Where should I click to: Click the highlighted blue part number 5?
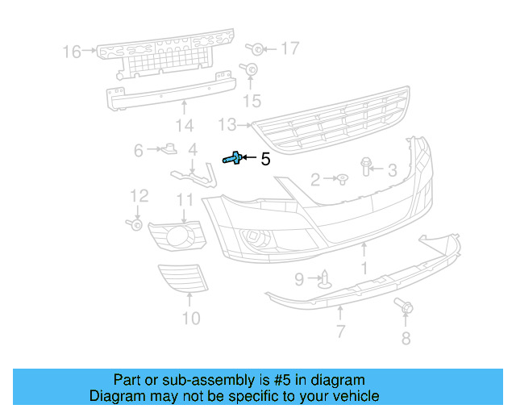pyautogui.click(x=233, y=159)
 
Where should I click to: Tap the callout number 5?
pyautogui.click(x=264, y=159)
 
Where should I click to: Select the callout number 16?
pyautogui.click(x=72, y=52)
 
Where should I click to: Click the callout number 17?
pyautogui.click(x=289, y=48)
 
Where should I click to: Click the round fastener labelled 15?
pyautogui.click(x=251, y=70)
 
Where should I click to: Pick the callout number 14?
pyautogui.click(x=185, y=125)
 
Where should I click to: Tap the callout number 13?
pyautogui.click(x=227, y=124)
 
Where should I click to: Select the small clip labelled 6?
pyautogui.click(x=170, y=148)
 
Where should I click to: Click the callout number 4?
pyautogui.click(x=193, y=149)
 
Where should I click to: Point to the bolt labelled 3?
pyautogui.click(x=366, y=167)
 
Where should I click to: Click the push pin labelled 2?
pyautogui.click(x=341, y=178)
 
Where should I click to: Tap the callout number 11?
pyautogui.click(x=185, y=200)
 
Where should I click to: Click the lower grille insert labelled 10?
pyautogui.click(x=182, y=279)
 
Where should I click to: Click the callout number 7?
pyautogui.click(x=340, y=331)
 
